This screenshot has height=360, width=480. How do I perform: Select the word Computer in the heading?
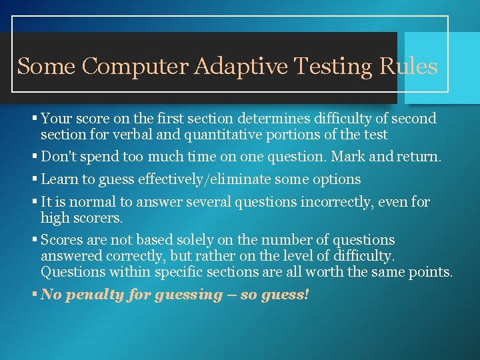138,67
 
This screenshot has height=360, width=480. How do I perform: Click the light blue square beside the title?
440,67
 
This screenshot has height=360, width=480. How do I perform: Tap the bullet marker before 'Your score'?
35,119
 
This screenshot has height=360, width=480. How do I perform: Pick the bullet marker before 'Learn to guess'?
35,180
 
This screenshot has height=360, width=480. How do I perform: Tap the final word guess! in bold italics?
287,295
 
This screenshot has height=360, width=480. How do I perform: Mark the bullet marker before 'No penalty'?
35,295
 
